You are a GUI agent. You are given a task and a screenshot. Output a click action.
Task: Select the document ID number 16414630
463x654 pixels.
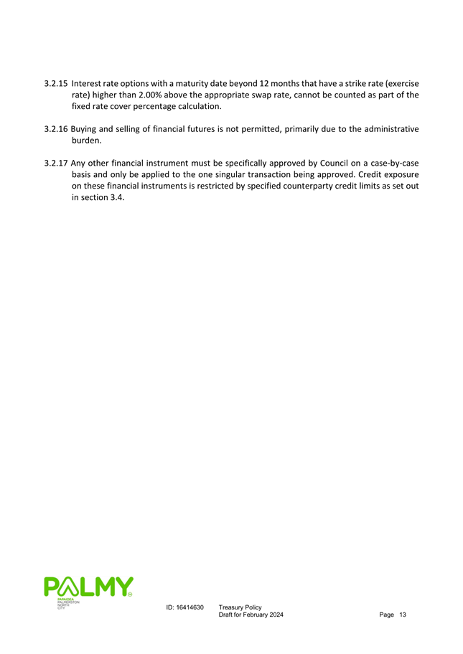click(x=190, y=607)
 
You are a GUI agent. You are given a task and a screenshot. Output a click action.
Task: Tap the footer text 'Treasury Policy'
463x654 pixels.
click(x=240, y=607)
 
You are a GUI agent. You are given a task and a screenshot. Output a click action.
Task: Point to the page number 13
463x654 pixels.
click(x=403, y=616)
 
